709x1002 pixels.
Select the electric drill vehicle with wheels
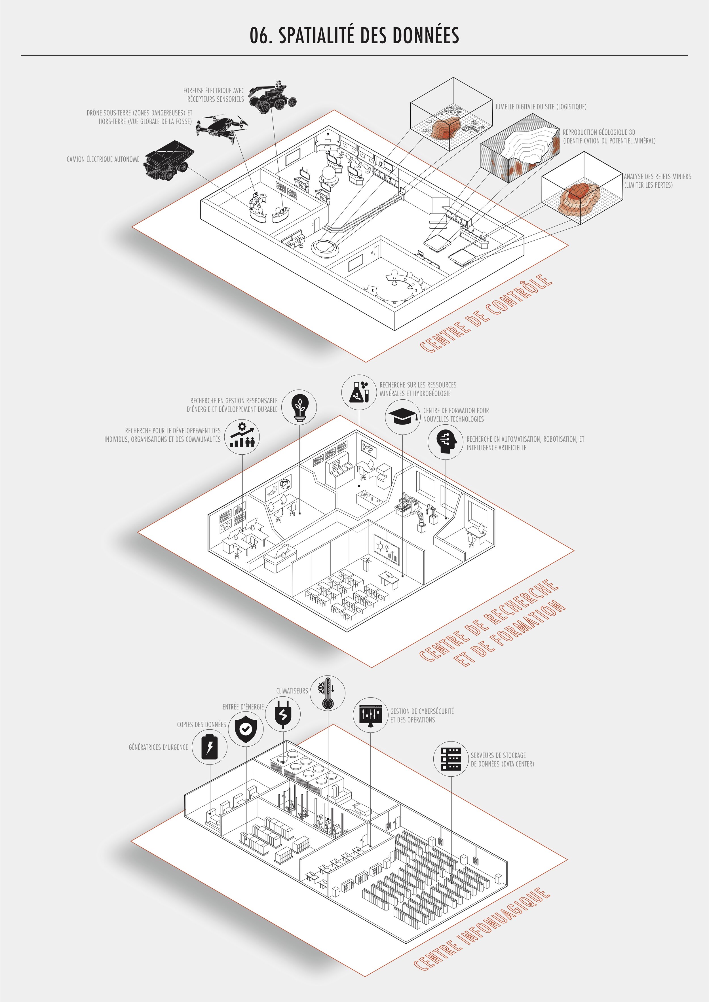[x=273, y=99]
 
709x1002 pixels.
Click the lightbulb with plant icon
[x=299, y=406]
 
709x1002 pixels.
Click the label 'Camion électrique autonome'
[x=103, y=159]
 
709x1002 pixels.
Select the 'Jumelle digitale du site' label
[x=541, y=107]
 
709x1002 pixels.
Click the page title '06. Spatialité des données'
[x=354, y=36]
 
